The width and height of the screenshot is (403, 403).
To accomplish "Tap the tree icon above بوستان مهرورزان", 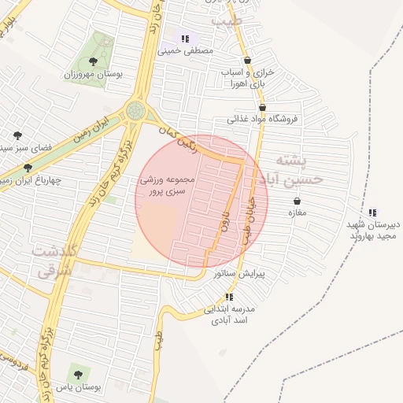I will click(94, 61).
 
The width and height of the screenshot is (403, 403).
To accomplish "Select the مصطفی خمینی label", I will click(186, 50).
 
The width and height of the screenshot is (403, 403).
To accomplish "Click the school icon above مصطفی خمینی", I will click(185, 39).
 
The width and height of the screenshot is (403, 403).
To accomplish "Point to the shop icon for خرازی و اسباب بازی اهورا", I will click(248, 60).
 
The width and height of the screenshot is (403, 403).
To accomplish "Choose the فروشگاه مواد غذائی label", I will click(259, 120).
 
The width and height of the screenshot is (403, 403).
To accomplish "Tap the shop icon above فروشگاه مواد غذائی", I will click(262, 108).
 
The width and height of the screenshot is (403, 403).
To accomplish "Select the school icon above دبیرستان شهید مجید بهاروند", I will click(372, 212).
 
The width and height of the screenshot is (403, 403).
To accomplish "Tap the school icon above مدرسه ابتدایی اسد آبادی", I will click(229, 297).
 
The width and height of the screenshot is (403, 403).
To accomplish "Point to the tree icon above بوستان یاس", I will click(76, 369).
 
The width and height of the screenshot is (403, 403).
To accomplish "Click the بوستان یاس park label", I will click(76, 387).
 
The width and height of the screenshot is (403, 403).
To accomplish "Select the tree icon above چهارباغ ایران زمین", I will click(28, 168).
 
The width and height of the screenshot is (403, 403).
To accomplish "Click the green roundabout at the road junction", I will click(137, 111).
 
